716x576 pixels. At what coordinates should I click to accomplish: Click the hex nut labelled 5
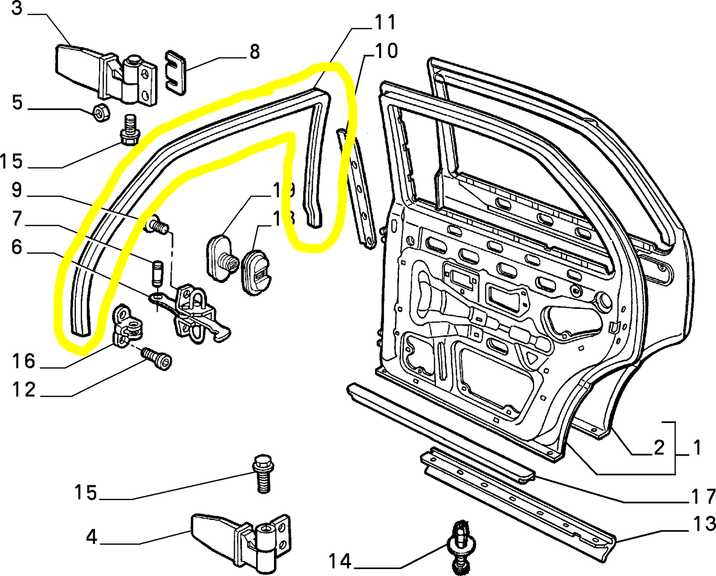pyautogui.click(x=101, y=114)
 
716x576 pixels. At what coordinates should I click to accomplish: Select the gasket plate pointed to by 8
pyautogui.click(x=175, y=72)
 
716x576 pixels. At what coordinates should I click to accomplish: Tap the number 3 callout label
pyautogui.click(x=17, y=8)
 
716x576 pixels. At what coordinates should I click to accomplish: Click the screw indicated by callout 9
pyautogui.click(x=157, y=226)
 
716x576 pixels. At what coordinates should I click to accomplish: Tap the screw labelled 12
pyautogui.click(x=157, y=358)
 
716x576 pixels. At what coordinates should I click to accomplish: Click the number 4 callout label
pyautogui.click(x=92, y=537)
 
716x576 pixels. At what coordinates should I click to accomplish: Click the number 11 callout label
pyautogui.click(x=385, y=22)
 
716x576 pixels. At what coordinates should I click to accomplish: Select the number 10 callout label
pyautogui.click(x=386, y=51)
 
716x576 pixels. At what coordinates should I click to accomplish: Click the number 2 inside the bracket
pyautogui.click(x=659, y=448)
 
